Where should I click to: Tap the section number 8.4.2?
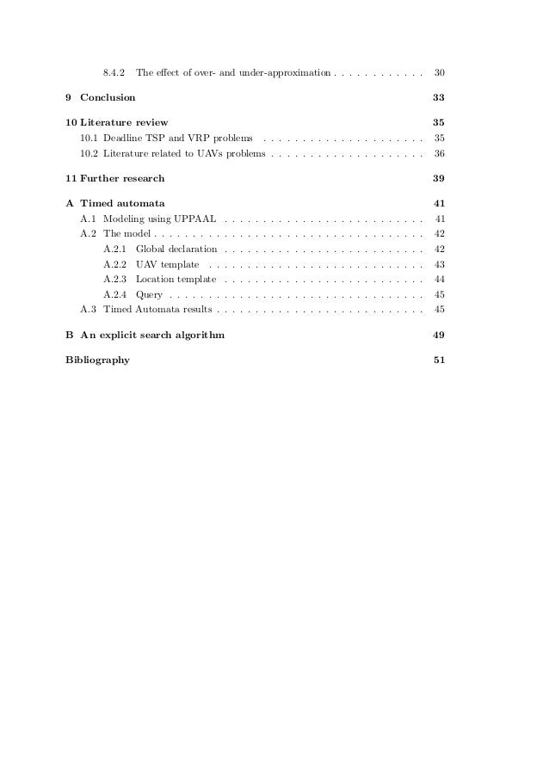coord(114,71)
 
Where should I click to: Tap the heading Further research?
coord(121,179)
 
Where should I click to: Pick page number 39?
coord(439,179)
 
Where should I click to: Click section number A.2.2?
coord(114,264)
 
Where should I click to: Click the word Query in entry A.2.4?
coord(149,294)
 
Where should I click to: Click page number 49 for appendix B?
coord(439,335)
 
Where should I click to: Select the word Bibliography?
coord(98,361)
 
